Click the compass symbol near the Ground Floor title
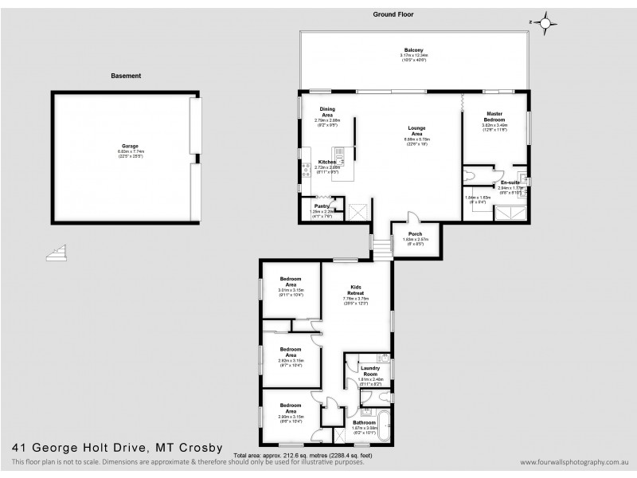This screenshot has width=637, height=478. (545, 23)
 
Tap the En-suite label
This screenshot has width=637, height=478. (510, 182)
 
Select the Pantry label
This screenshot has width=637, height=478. (322, 206)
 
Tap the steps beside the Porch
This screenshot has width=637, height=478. (382, 250)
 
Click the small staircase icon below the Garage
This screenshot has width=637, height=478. (57, 254)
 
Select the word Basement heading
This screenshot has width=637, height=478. (126, 76)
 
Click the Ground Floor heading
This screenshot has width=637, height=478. (394, 14)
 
